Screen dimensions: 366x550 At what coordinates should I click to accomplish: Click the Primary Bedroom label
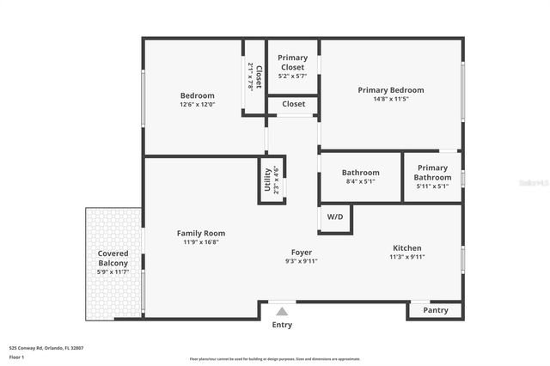[x=391, y=89]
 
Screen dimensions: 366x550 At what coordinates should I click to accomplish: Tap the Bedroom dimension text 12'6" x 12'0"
[x=197, y=105]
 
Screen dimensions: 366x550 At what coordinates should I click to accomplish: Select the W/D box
[x=334, y=217]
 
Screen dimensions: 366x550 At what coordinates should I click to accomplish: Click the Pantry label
[x=436, y=310]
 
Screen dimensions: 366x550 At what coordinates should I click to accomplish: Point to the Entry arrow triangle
[x=282, y=311]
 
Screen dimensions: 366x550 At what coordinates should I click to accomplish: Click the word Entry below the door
[x=282, y=325]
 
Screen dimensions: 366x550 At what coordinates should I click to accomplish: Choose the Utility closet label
[x=266, y=181]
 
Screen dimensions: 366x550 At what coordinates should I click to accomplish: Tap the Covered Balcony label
[x=113, y=258]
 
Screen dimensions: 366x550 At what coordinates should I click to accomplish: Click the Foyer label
[x=301, y=252]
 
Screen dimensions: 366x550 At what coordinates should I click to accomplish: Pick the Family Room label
[x=201, y=233]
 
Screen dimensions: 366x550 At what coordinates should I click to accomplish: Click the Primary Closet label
[x=292, y=62]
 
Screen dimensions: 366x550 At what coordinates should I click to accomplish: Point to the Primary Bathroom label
[x=432, y=172]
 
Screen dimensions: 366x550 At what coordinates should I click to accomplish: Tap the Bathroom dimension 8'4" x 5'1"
[x=360, y=182]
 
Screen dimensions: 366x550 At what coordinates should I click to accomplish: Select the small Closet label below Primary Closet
[x=293, y=104]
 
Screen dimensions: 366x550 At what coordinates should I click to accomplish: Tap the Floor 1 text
[x=17, y=357]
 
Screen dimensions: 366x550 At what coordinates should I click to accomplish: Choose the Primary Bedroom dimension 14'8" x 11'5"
[x=391, y=99]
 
